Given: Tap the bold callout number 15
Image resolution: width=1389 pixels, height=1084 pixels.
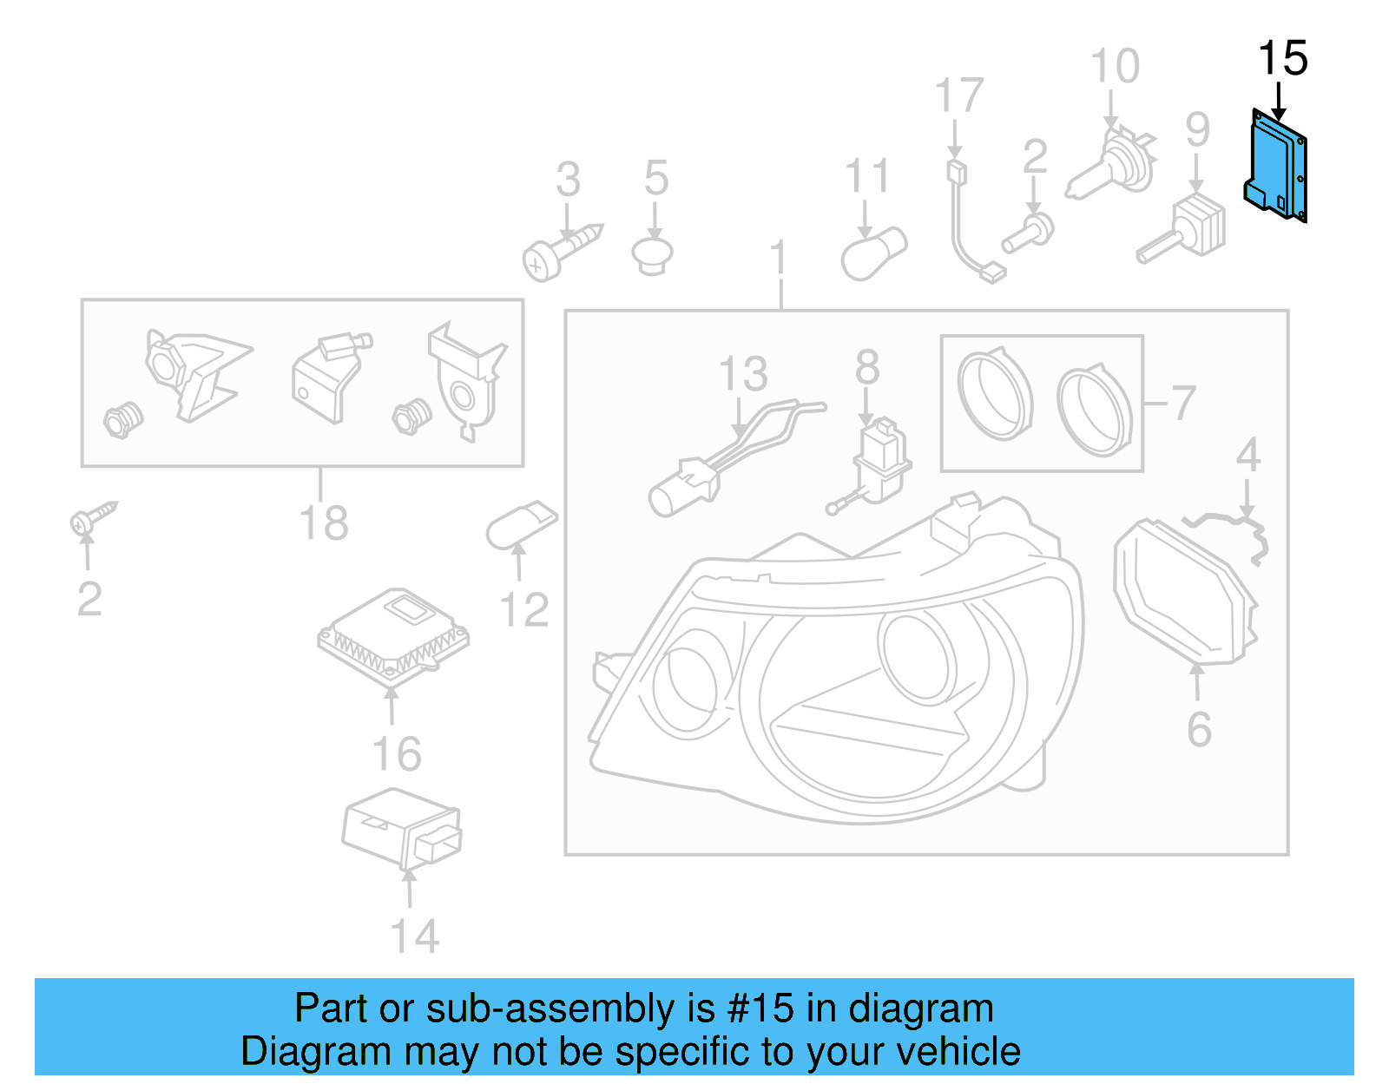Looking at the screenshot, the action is coord(1283,58).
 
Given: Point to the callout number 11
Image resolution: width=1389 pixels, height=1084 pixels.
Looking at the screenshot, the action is coord(867,176).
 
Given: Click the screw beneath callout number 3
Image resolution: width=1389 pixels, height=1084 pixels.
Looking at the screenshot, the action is coord(562,253).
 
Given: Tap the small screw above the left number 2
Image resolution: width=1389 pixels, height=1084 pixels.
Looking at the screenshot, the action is coord(94,517).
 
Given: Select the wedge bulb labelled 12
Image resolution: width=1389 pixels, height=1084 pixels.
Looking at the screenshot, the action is coord(522,524).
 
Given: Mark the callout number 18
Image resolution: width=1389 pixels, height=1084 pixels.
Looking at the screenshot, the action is coord(324,522).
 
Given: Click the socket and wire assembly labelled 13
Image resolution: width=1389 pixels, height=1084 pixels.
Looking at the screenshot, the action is coord(735,457).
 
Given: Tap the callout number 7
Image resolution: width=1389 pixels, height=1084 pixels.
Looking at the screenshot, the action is coord(1183,403).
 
